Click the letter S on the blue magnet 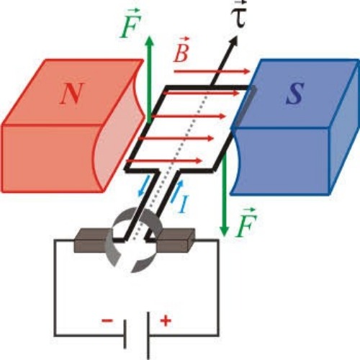(295, 93)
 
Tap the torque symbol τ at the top (238, 15)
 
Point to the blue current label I (184, 204)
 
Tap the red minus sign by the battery (107, 320)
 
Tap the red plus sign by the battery (166, 321)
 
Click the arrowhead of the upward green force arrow (150, 41)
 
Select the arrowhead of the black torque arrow (233, 42)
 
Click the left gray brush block (92, 240)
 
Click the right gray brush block (176, 240)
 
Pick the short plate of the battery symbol (125, 333)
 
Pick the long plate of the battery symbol (148, 336)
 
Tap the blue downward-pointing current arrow (143, 186)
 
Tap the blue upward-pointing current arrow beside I (177, 192)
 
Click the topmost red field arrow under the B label (212, 71)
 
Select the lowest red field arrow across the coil (164, 161)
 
